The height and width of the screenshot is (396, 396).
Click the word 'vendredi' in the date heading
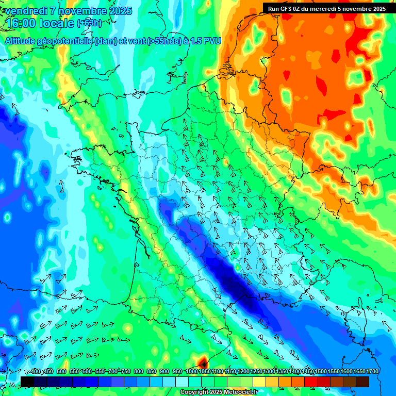click(26, 11)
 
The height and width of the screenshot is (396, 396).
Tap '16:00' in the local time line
click(20, 23)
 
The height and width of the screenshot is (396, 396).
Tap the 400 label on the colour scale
click(36, 371)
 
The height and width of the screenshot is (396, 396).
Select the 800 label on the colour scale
click(139, 371)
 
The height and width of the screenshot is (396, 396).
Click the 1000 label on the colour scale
click(191, 371)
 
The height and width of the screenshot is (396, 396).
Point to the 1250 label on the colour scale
click(256, 371)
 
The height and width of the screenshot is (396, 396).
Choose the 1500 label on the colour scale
click(320, 371)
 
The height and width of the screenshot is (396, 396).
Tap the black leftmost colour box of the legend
click(27, 382)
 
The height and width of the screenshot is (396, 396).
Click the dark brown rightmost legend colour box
click(362, 382)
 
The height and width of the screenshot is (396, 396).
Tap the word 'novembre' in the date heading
click(82, 11)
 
